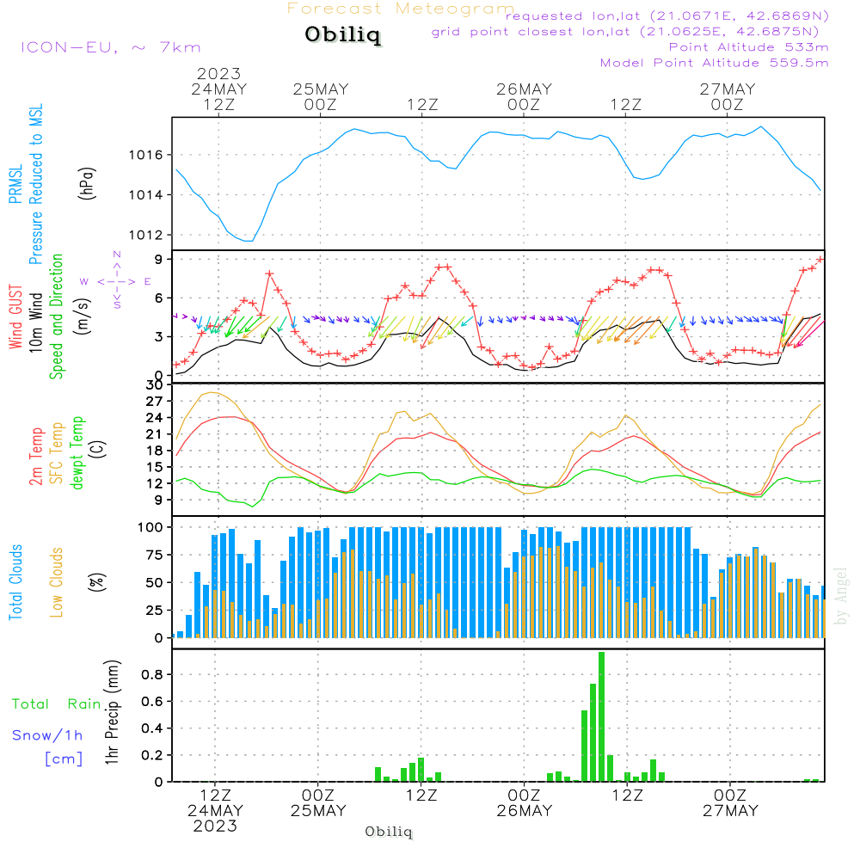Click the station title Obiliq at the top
click(341, 35)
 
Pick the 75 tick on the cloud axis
click(156, 555)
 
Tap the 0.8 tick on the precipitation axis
click(153, 675)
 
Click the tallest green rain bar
click(602, 716)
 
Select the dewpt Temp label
click(78, 453)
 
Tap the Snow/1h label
click(48, 735)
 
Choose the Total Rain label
click(57, 703)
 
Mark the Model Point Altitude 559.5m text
click(714, 62)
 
